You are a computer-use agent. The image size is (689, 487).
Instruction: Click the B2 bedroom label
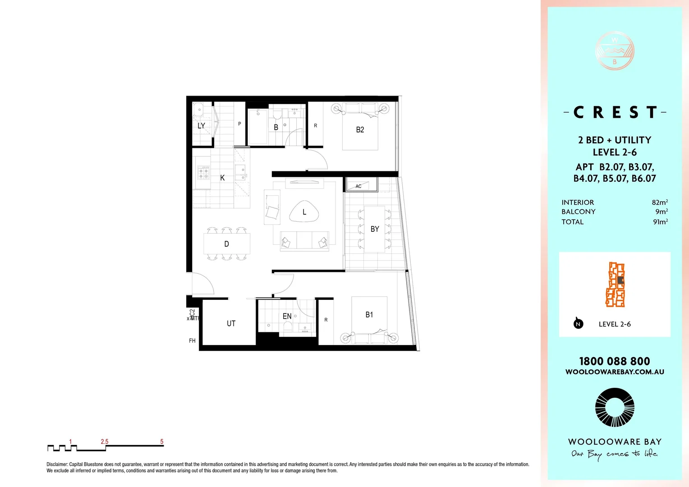[x=360, y=130]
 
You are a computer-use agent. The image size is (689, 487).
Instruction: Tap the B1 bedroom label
[x=369, y=315]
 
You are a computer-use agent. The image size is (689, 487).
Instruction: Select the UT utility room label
[x=231, y=323]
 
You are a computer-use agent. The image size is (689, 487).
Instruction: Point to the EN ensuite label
[x=287, y=317]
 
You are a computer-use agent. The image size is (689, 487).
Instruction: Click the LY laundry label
[x=201, y=126]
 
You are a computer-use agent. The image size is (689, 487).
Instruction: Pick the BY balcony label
[x=375, y=229]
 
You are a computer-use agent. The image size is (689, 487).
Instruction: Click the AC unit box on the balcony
[x=361, y=185]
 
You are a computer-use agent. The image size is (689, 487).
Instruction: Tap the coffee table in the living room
[x=304, y=211]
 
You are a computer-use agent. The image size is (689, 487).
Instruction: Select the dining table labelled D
[x=226, y=244]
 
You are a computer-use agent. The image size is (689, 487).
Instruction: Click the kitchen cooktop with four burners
[x=204, y=172]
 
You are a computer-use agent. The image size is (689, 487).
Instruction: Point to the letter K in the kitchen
[x=222, y=178]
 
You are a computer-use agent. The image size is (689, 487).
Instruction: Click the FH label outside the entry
[x=192, y=341]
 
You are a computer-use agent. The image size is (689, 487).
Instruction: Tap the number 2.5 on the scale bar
[x=105, y=441]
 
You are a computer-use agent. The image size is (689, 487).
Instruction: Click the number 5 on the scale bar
[x=162, y=441]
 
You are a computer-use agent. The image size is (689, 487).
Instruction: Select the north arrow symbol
[x=578, y=323]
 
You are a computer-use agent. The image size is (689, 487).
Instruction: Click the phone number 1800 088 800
[x=615, y=361]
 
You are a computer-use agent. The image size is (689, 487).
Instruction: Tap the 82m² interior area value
[x=660, y=202]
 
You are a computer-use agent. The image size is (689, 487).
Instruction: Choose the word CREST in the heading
[x=615, y=112]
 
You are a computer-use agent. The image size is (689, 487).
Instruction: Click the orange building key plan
[x=615, y=285]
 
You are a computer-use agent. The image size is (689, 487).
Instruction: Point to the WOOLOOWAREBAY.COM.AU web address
[x=615, y=372]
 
